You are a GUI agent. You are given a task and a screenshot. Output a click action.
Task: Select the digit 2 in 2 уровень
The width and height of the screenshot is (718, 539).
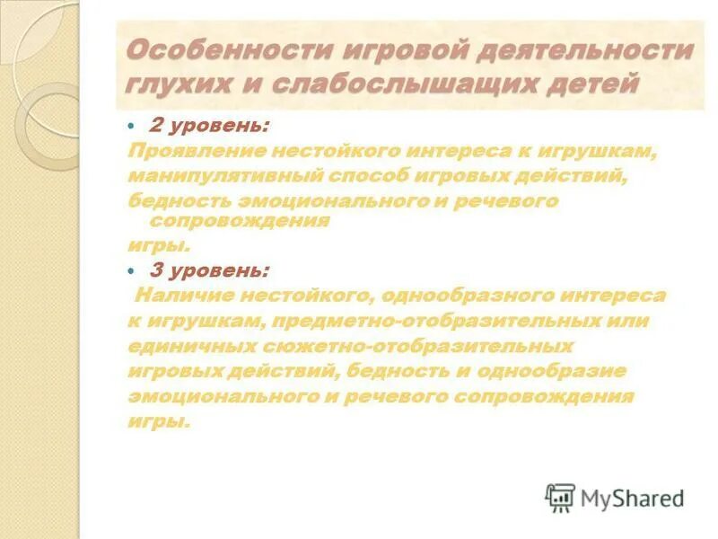tap(154, 127)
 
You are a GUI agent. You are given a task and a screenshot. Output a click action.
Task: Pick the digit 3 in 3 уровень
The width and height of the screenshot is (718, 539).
tap(154, 269)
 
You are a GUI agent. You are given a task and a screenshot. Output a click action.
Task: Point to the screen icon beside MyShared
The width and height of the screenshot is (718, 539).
tap(560, 498)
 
